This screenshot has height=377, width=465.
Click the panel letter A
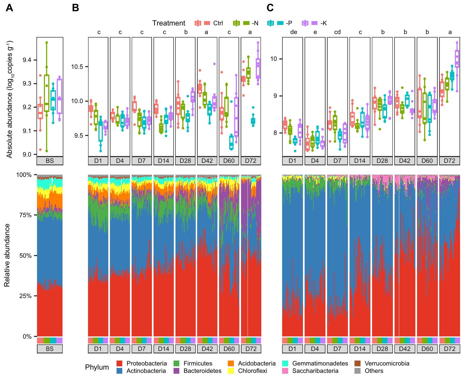pos(9,8)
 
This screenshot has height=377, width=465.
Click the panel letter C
pos(270,8)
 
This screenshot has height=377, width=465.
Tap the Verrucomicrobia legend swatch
pos(357,364)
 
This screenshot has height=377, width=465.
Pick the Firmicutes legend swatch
pos(176,364)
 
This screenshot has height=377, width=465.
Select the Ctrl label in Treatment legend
pos(218,23)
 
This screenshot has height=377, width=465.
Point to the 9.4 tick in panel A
pos(27,60)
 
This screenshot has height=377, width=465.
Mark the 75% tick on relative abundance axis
pos(25,215)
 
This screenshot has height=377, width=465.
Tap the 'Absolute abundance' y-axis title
pos(10,99)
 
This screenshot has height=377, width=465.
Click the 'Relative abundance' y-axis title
pos(7,255)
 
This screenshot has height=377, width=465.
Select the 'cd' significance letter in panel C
pos(337,32)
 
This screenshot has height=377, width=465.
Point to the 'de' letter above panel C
pos(293,32)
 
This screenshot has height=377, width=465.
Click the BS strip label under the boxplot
pos(50,161)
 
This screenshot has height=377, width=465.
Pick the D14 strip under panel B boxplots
pos(163,161)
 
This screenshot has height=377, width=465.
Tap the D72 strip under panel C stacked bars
pos(449,349)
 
